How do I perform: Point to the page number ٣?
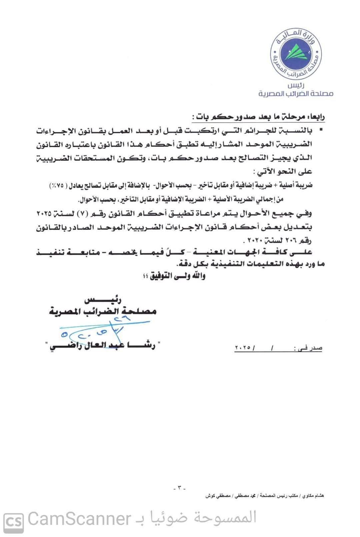tap(179, 488)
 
